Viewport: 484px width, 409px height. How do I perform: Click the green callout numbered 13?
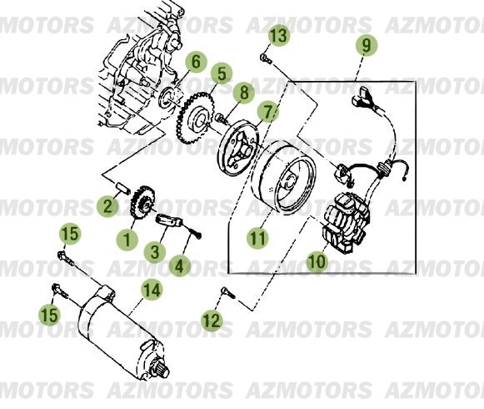[x=279, y=35]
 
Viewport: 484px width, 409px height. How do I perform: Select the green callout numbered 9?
[x=365, y=45]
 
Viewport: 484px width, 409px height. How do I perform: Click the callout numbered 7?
[x=267, y=111]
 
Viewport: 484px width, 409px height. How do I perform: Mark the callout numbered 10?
[x=317, y=261]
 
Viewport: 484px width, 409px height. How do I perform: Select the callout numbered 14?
[x=151, y=290]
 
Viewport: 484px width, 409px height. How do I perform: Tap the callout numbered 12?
[x=212, y=319]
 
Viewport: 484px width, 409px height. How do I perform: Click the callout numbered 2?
[x=109, y=205]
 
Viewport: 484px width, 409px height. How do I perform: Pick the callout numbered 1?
[x=128, y=239]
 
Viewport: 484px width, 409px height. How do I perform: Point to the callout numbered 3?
[x=153, y=250]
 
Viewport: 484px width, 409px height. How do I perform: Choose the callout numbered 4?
[x=179, y=265]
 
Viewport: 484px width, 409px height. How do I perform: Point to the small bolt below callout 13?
[x=265, y=58]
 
